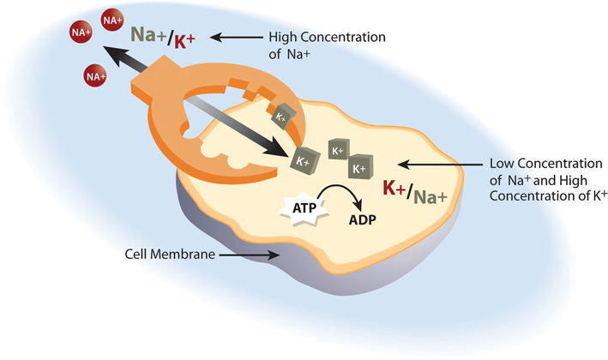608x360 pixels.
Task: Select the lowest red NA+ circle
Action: pyautogui.click(x=95, y=77)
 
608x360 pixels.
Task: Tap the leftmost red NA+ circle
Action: pyautogui.click(x=80, y=33)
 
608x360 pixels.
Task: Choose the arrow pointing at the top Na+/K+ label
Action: pyautogui.click(x=237, y=38)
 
